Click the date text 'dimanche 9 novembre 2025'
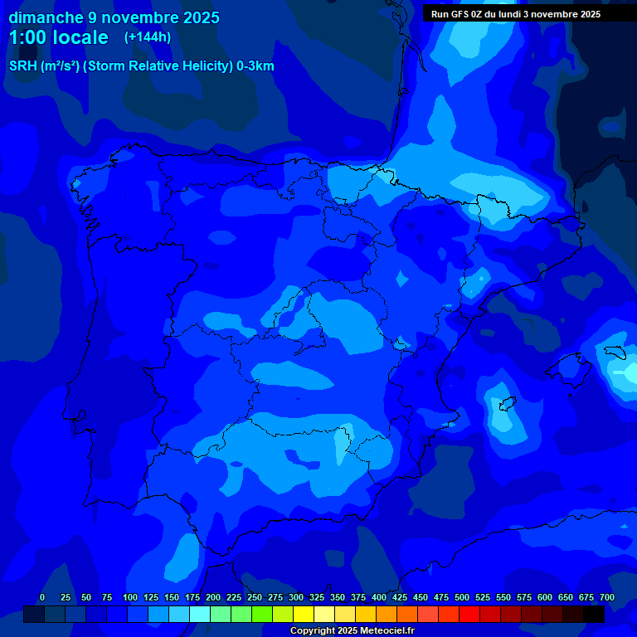(x=114, y=17)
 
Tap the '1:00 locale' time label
(x=58, y=38)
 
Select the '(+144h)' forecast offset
(x=148, y=37)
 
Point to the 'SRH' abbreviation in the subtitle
(x=22, y=66)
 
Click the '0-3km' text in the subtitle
(x=255, y=66)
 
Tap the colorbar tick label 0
(x=42, y=597)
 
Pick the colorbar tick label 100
(x=130, y=597)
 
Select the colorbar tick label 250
(x=255, y=597)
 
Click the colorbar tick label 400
(x=379, y=597)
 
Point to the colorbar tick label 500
(x=462, y=597)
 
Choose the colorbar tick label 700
(x=607, y=597)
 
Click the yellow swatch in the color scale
(x=304, y=614)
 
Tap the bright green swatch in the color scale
(x=262, y=614)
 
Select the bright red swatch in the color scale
(x=469, y=614)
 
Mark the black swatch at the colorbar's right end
(x=594, y=614)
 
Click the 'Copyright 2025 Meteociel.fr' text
(x=352, y=631)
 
